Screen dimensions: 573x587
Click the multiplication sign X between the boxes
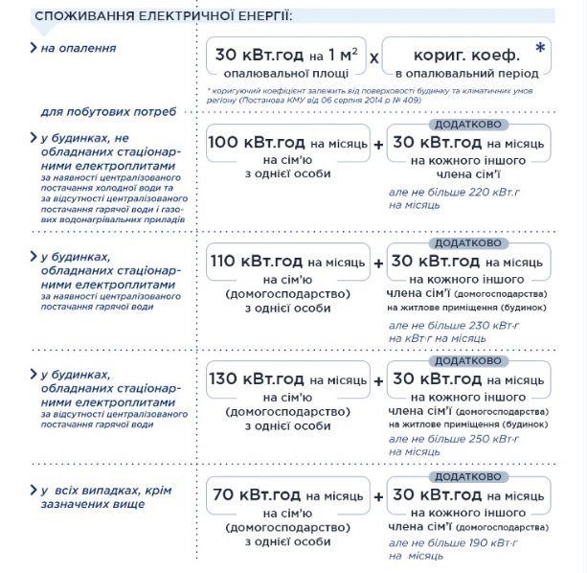374,58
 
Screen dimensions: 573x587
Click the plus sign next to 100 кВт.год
378,144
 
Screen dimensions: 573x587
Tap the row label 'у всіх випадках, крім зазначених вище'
105,497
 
